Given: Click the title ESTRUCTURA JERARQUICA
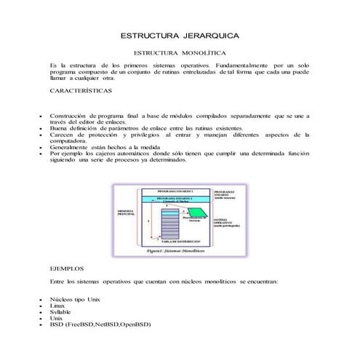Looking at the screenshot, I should click(180, 36).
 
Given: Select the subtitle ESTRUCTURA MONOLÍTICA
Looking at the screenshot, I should click(180, 53).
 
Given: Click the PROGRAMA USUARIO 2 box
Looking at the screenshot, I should click(174, 199).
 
